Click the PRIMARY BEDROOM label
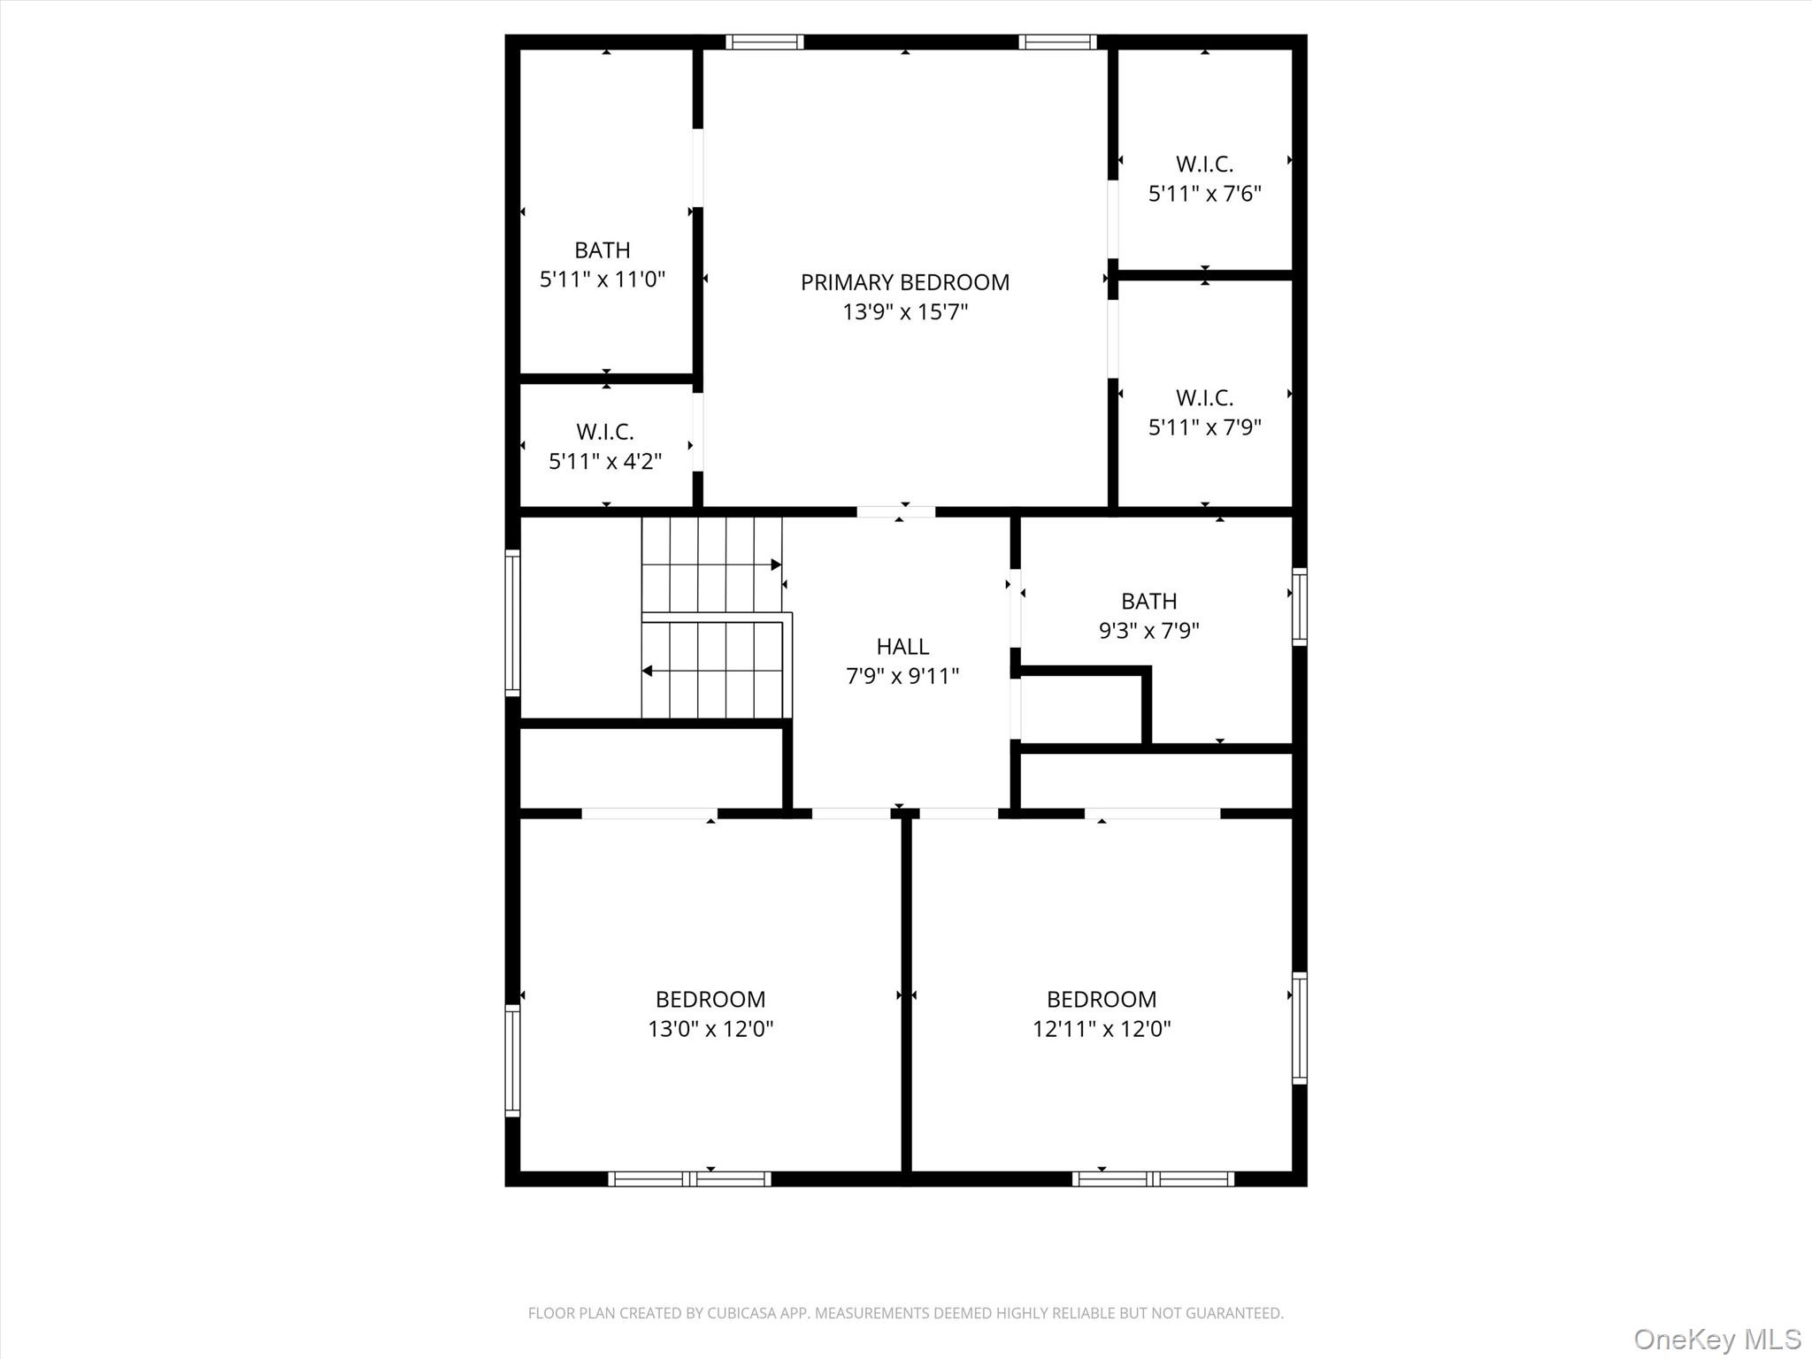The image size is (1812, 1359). [904, 282]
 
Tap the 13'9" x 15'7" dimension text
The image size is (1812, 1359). [904, 312]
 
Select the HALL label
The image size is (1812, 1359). [902, 647]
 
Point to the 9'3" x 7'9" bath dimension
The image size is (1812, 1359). [1148, 631]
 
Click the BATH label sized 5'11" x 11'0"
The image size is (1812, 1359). [602, 250]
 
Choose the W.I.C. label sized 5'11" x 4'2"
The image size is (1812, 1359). [605, 432]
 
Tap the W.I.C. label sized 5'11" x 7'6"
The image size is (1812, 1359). [1204, 165]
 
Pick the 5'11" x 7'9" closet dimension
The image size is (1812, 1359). [1204, 427]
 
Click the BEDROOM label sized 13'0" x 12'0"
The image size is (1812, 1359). [710, 1000]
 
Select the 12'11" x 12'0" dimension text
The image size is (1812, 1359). [1102, 1029]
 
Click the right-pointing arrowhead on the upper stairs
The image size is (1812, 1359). [776, 564]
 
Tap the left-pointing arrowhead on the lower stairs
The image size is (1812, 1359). [647, 671]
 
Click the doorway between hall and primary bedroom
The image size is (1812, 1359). [895, 511]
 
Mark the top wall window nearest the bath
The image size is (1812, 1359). [764, 42]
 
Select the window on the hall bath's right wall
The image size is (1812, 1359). [1299, 606]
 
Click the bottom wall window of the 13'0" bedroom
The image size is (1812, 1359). [689, 1179]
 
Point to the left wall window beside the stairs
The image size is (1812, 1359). [512, 622]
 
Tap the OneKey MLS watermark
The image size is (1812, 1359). [1716, 1339]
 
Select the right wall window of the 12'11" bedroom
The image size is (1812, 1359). [1299, 1027]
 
